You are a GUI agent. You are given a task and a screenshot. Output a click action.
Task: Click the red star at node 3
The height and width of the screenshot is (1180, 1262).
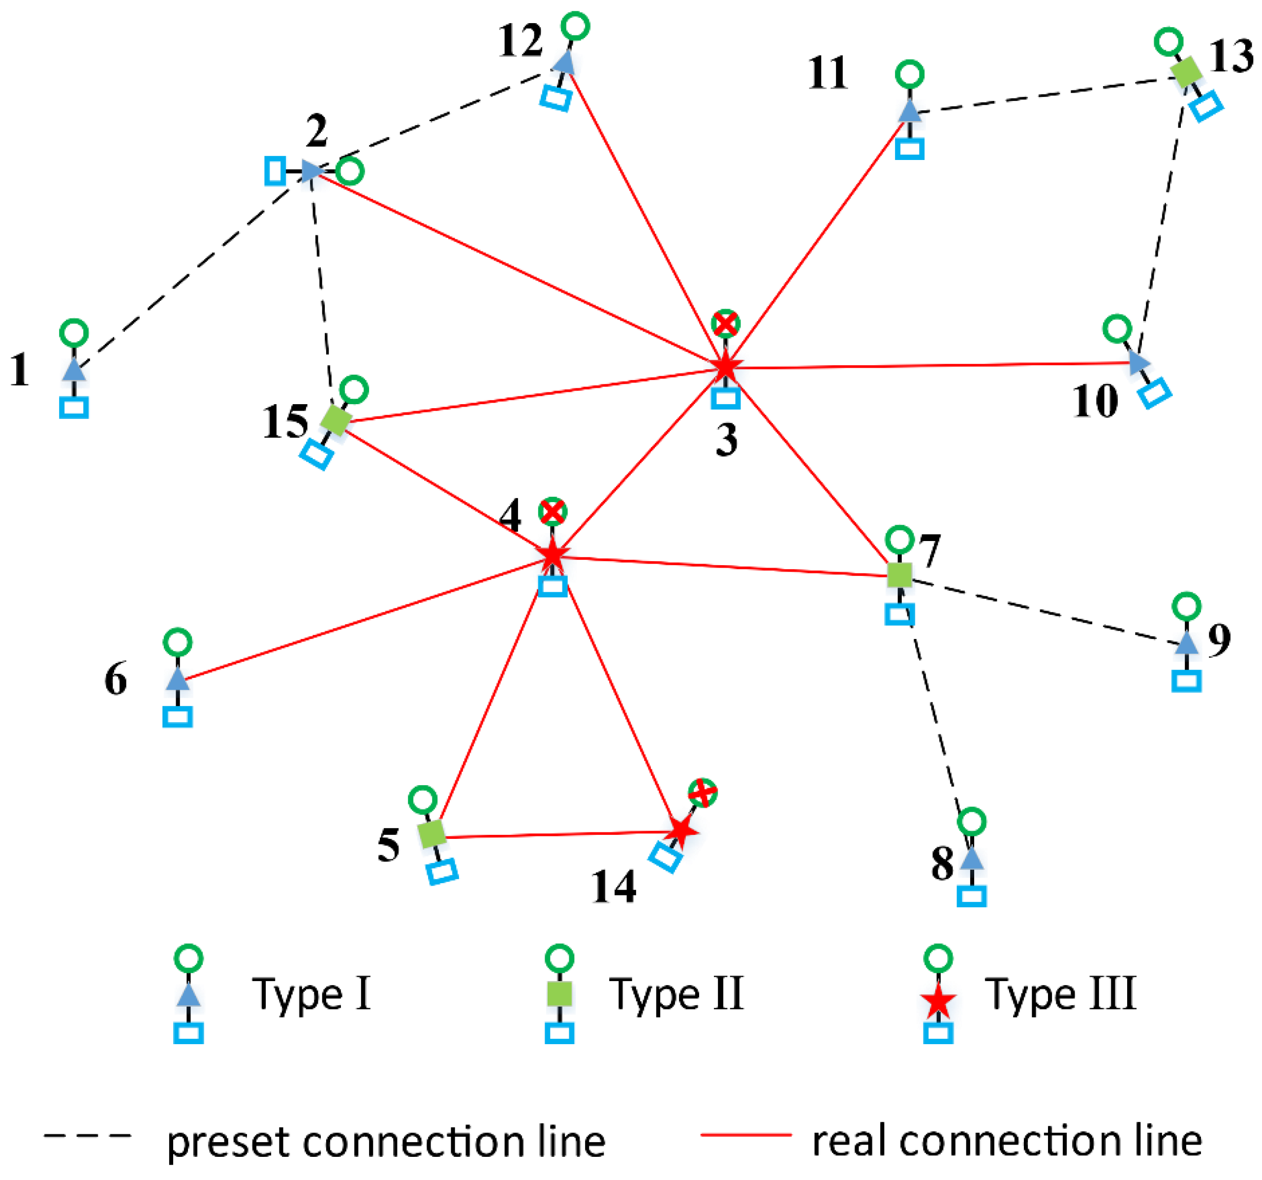click(726, 366)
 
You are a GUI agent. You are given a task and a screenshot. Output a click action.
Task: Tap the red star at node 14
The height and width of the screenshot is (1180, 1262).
click(680, 830)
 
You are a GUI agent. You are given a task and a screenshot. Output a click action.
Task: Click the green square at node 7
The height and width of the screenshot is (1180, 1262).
click(899, 575)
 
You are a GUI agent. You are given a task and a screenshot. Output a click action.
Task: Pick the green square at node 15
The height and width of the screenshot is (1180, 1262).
click(336, 420)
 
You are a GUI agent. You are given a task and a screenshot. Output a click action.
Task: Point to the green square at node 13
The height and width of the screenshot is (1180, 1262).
click(1186, 72)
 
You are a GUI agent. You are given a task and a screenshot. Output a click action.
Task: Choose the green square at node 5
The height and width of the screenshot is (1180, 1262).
click(433, 834)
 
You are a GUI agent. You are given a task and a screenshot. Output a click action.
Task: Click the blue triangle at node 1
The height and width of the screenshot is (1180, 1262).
click(74, 370)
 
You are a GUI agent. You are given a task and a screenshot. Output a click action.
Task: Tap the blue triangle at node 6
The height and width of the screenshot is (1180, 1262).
click(178, 679)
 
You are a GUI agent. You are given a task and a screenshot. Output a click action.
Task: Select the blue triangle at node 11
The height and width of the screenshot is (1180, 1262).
click(910, 111)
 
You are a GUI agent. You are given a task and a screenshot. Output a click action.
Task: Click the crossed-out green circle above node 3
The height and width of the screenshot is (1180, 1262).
click(726, 324)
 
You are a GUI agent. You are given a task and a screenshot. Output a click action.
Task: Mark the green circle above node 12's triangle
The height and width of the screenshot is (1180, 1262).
click(576, 26)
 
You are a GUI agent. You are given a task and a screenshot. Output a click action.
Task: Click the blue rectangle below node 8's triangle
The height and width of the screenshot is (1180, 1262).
click(972, 896)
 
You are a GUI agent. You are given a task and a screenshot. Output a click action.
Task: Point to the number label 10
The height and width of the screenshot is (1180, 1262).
click(1095, 401)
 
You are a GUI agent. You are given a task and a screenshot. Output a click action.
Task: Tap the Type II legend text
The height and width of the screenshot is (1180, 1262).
click(676, 994)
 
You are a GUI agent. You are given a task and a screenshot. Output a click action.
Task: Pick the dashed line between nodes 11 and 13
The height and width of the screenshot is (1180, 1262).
click(1047, 96)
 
